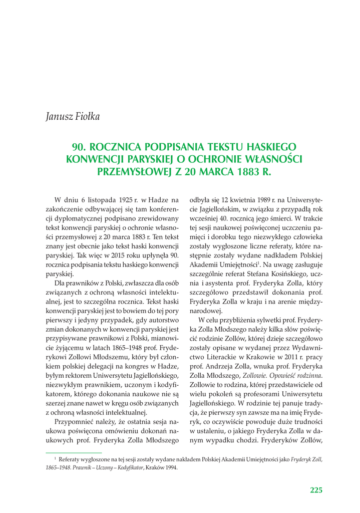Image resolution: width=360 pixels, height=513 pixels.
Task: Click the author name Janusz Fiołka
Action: [73, 117]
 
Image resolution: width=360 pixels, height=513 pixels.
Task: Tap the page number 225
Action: [316, 490]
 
